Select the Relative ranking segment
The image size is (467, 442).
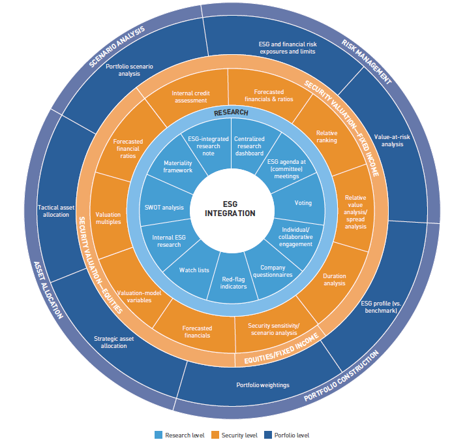[326, 136]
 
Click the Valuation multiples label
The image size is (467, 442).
[108, 218]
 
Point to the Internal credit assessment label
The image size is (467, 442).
[190, 97]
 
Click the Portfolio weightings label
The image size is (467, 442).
[263, 385]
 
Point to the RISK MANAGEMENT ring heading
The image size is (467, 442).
[366, 61]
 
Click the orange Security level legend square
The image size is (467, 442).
[215, 435]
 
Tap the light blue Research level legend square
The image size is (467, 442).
[158, 435]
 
